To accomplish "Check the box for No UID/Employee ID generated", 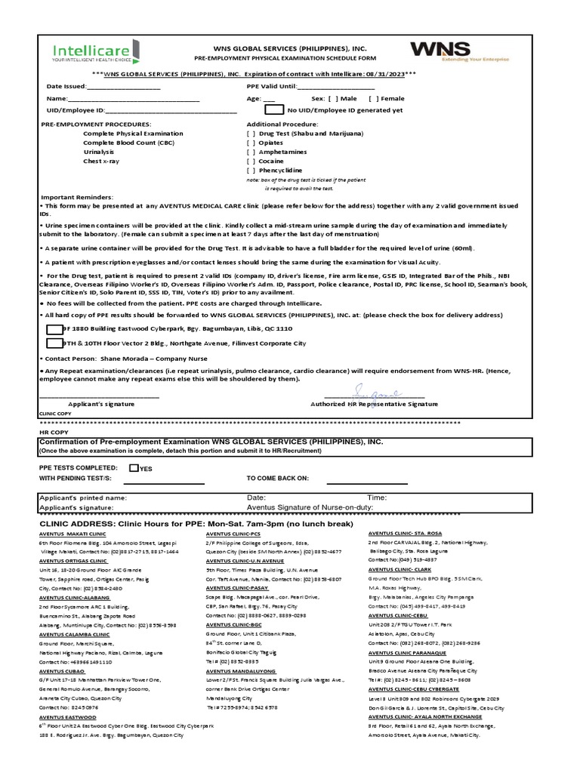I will point(275,109).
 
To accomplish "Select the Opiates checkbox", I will point(251,142).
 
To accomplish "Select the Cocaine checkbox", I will point(251,161).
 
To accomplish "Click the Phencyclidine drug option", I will point(280,171).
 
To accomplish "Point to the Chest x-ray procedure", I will point(100,161).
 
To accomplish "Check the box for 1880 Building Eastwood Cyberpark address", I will point(54,329).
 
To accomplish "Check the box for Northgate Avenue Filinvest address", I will point(54,343).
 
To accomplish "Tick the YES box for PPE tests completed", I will point(134,467).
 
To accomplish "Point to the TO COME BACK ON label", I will point(277,478).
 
